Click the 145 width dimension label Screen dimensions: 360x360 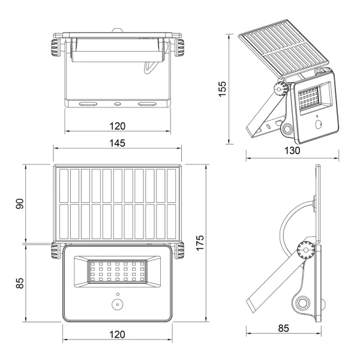tap(118, 143)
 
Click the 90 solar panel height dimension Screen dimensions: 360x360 tap(19, 203)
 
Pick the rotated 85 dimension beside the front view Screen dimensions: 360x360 tap(19, 282)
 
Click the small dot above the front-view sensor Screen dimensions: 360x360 tap(118, 294)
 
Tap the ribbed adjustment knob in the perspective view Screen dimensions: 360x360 tap(278, 89)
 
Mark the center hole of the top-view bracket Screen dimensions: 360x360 tap(118, 104)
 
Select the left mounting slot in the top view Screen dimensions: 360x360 tap(88, 104)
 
